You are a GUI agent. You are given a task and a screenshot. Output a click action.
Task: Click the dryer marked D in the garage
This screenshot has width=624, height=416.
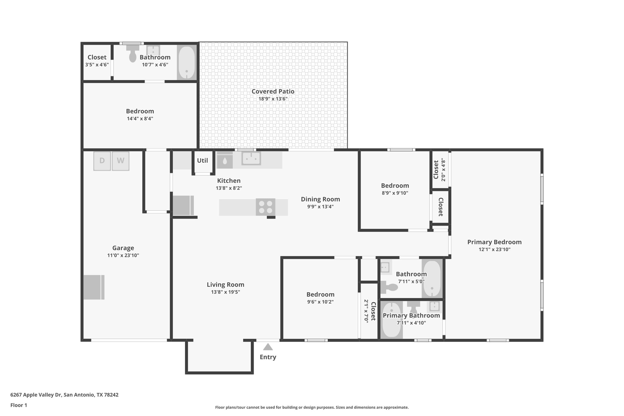pos(102,161)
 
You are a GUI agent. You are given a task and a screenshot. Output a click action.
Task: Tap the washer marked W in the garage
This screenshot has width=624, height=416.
pos(121,161)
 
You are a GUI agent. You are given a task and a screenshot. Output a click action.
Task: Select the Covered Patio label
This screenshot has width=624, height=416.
pos(273,91)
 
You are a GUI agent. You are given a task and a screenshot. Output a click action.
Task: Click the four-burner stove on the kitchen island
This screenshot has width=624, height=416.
pos(265,207)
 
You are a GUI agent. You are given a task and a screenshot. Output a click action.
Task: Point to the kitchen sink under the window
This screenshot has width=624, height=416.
pos(251,158)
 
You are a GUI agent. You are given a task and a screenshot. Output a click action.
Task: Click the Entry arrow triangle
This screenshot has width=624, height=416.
pos(268,347)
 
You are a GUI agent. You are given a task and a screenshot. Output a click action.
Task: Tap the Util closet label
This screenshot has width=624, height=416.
pos(202,161)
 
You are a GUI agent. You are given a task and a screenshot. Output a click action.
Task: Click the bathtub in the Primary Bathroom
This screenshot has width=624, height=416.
pos(392,320)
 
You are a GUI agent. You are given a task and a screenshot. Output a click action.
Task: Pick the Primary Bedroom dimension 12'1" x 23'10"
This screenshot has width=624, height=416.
pos(494,249)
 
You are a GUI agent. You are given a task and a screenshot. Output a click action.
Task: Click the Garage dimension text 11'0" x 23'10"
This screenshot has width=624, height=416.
pos(123,255)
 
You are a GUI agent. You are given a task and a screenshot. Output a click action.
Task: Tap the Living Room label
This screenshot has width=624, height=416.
pos(225,285)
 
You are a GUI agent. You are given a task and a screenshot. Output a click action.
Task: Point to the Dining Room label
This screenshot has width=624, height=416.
pos(320,199)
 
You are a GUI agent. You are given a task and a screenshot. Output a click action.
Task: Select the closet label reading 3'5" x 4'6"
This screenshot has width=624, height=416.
pos(97,65)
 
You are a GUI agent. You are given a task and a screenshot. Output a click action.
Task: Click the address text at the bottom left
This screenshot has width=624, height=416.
pos(64,395)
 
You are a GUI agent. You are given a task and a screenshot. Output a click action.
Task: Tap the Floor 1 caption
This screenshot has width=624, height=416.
pos(19,405)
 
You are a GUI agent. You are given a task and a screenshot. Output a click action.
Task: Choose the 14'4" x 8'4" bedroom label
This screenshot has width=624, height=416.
pos(140,119)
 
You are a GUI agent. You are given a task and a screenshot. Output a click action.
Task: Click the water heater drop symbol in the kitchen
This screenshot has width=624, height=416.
pos(225,161)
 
